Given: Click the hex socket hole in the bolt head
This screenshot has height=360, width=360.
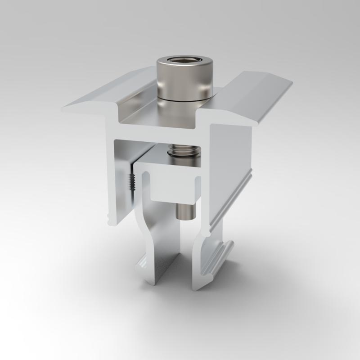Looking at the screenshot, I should (184, 62).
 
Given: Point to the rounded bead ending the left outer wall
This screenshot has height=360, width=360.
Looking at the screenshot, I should (110, 220).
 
